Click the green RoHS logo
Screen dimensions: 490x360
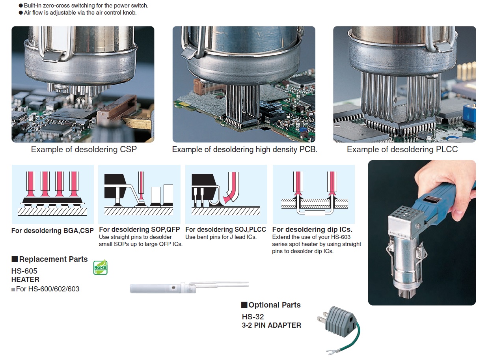click(101, 267)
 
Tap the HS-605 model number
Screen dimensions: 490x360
click(24, 271)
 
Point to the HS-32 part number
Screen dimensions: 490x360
click(253, 317)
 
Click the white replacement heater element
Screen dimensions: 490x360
click(189, 287)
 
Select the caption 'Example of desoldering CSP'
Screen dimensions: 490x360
click(84, 149)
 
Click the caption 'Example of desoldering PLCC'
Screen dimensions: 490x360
click(402, 149)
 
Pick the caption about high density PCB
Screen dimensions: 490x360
click(244, 149)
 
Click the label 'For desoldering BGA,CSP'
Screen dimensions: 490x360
click(52, 231)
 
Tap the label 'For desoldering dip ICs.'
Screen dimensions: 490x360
click(312, 229)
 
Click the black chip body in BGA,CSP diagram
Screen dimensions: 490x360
click(52, 200)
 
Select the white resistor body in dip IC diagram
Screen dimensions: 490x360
click(315, 213)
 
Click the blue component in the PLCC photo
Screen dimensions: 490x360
click(469, 115)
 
